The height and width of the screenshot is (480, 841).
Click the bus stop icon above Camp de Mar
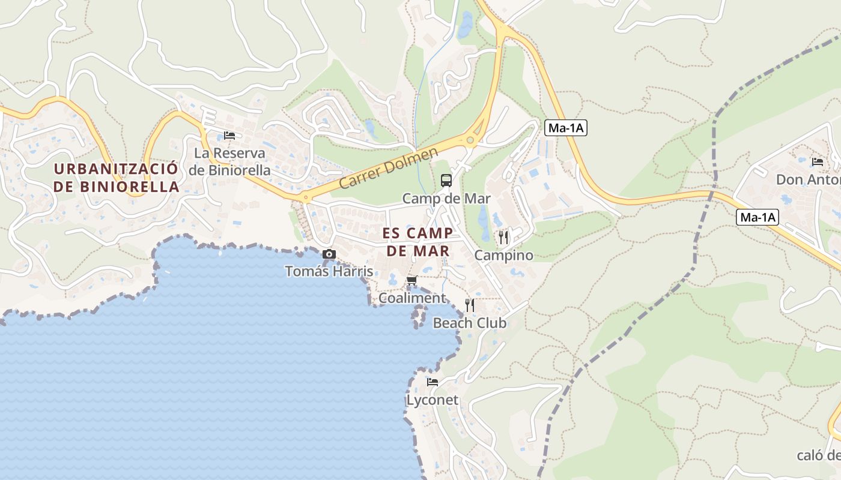446,180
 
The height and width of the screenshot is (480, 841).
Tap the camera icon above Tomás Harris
329,254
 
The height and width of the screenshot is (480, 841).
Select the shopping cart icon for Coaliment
412,280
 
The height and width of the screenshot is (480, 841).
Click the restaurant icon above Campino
503,238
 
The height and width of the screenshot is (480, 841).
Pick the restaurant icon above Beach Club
470,305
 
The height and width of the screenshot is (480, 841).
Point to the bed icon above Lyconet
432,382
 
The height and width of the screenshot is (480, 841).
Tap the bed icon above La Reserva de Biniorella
229,136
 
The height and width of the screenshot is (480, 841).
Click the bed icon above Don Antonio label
817,161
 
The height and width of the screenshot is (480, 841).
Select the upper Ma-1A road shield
565,128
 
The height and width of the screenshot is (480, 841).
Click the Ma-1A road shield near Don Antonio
757,217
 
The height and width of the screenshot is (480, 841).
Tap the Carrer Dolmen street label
389,169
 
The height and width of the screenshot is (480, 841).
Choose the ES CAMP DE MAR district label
418,242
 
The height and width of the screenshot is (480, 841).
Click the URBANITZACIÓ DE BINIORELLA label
116,177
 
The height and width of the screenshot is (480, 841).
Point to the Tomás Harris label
329,271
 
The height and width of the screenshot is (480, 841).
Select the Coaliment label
412,298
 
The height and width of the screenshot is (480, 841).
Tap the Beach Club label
470,323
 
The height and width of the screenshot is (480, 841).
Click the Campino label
503,256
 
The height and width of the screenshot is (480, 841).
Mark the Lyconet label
432,400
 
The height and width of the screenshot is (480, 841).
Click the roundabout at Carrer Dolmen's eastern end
470,140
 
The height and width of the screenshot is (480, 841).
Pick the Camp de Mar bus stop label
446,198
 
